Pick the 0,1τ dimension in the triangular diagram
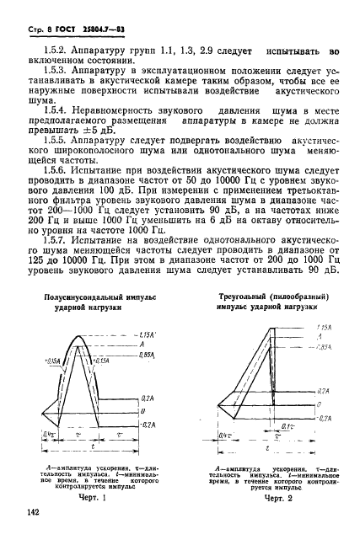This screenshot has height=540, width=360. point(285,428)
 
